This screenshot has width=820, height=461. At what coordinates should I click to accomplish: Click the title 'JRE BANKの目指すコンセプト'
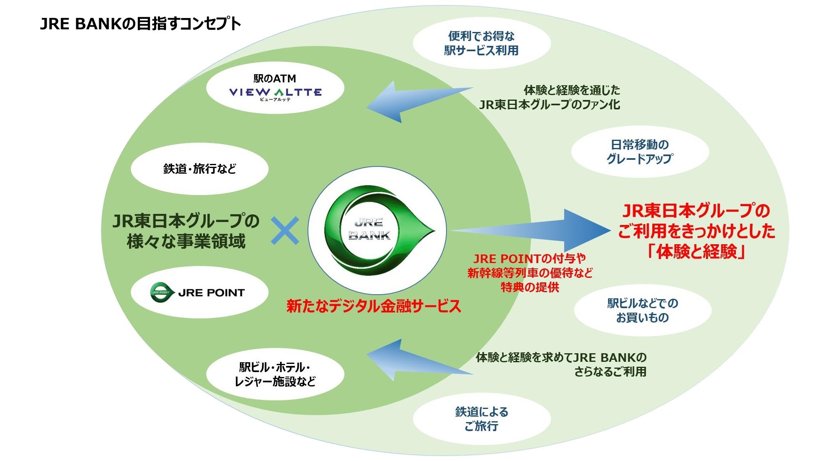pyautogui.click(x=140, y=24)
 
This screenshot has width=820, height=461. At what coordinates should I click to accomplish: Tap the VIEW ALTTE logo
pyautogui.click(x=275, y=94)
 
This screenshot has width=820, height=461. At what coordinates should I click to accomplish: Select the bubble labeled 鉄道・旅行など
pyautogui.click(x=200, y=168)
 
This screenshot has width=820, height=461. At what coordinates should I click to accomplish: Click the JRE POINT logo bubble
pyautogui.click(x=200, y=292)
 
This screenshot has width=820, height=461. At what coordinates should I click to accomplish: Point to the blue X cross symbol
pyautogui.click(x=285, y=231)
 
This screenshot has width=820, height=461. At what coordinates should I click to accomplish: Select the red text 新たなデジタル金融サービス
pyautogui.click(x=374, y=306)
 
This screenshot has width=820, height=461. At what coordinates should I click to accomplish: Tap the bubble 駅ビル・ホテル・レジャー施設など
pyautogui.click(x=275, y=374)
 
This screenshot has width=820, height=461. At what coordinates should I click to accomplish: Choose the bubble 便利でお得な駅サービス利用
pyautogui.click(x=482, y=43)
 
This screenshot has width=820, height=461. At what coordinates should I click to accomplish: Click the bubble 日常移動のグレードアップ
pyautogui.click(x=640, y=152)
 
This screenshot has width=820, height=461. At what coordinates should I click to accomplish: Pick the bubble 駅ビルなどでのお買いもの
pyautogui.click(x=642, y=310)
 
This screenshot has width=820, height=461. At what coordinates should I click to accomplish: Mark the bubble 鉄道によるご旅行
pyautogui.click(x=482, y=419)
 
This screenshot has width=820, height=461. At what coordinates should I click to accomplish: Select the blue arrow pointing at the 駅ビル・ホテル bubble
pyautogui.click(x=419, y=360)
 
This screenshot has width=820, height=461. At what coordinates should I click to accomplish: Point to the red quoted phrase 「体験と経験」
pyautogui.click(x=696, y=251)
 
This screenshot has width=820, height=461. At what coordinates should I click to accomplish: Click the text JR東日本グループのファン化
pyautogui.click(x=549, y=104)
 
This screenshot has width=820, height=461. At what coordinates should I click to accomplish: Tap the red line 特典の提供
pyautogui.click(x=530, y=287)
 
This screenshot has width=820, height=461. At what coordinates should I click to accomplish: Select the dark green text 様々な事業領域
pyautogui.click(x=186, y=241)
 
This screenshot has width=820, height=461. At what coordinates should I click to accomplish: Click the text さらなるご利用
pyautogui.click(x=610, y=372)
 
